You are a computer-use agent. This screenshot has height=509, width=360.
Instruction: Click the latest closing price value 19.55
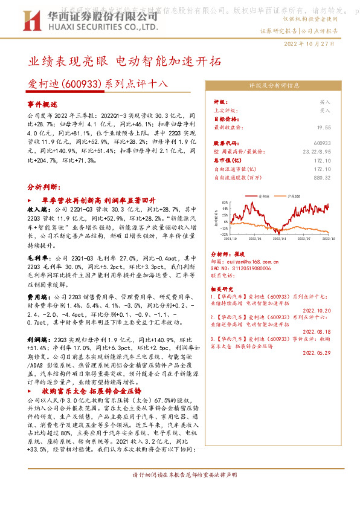point(324,128)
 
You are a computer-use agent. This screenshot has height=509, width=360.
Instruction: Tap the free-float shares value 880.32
point(322,177)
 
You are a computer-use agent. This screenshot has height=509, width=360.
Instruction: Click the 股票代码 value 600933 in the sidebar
point(322,142)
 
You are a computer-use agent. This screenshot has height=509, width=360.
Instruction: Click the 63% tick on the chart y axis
point(225,203)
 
